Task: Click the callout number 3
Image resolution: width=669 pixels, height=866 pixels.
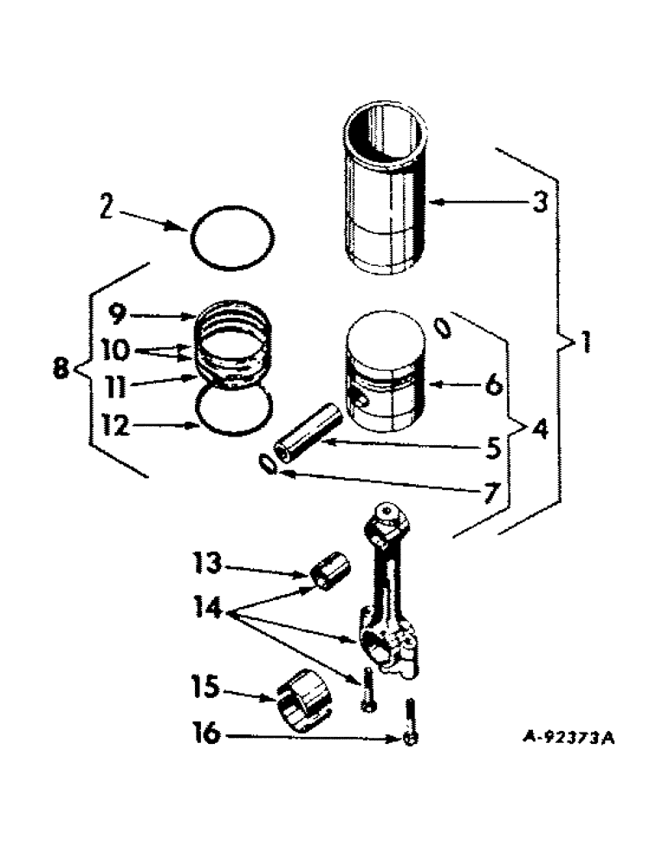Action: [x=538, y=205]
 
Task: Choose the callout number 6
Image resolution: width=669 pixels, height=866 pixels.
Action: [x=492, y=385]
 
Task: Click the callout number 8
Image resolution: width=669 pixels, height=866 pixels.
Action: [x=61, y=370]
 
